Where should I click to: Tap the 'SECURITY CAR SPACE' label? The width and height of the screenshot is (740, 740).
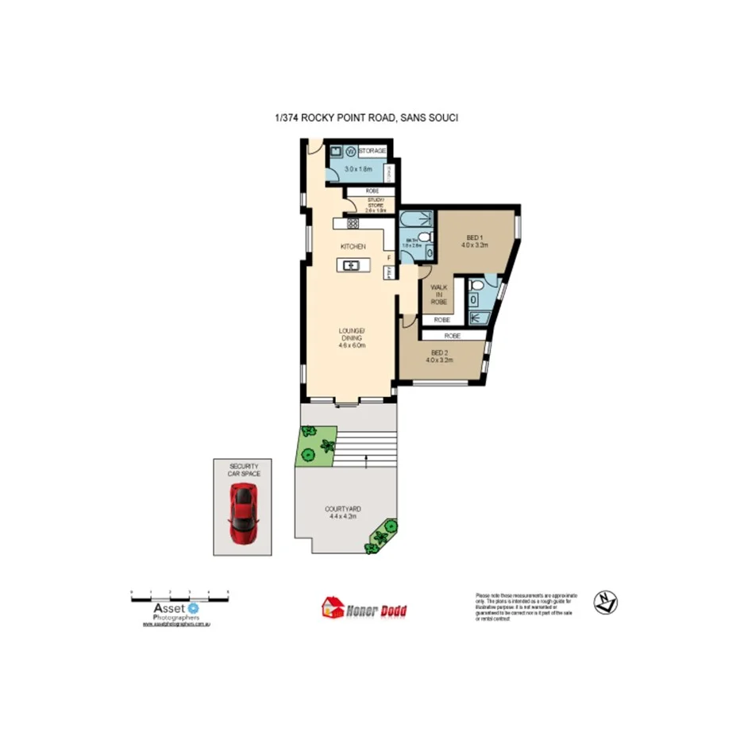pos(245,469)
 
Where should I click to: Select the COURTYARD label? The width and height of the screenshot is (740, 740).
pos(343,512)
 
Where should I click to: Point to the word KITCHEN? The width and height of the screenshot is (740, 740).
pos(353,247)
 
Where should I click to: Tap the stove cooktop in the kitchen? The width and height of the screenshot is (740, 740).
pos(353,224)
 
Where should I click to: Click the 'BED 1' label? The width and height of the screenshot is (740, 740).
pos(473,241)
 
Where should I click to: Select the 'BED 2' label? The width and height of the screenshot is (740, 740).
pos(439,356)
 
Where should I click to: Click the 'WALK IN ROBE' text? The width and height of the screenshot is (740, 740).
pos(438,295)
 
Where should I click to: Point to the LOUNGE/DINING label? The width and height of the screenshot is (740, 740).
pos(351,337)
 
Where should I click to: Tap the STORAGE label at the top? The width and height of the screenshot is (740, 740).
pos(372,151)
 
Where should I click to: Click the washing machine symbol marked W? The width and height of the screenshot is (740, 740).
pos(349,152)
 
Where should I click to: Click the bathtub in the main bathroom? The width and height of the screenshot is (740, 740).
pos(414,220)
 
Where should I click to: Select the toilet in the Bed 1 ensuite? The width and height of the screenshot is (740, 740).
pos(474,299)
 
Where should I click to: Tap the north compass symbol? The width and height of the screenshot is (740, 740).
pos(607,603)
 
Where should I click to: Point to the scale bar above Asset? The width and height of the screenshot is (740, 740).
pos(179,593)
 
